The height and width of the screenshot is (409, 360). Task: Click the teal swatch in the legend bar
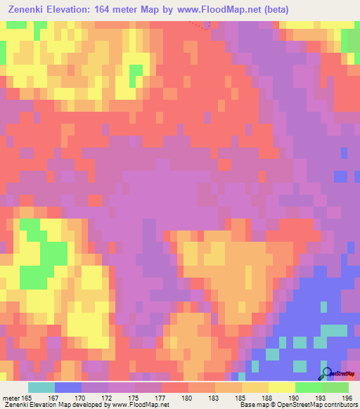click(41, 387)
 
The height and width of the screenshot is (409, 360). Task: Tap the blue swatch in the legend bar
click(67, 387)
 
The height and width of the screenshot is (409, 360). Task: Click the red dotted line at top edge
click(202, 25)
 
